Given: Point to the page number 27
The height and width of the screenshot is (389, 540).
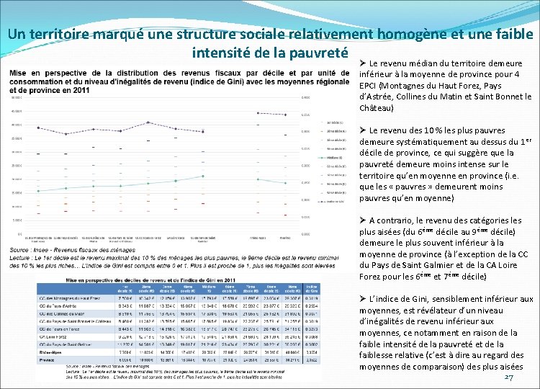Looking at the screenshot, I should click(x=509, y=378).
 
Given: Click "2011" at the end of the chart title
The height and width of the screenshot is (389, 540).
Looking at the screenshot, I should click(x=80, y=90).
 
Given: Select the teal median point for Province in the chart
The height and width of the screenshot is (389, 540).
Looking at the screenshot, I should click(x=286, y=183).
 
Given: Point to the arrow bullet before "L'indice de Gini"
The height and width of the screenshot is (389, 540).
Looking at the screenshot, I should click(x=363, y=299).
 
